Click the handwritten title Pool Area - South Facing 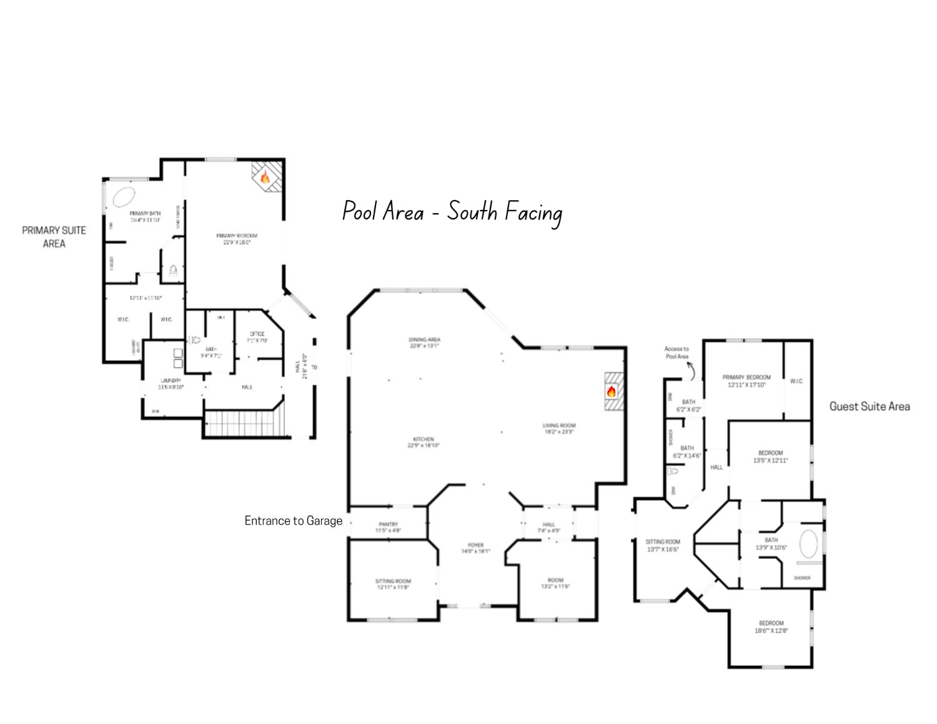(x=452, y=212)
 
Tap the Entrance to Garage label (x=293, y=521)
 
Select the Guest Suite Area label (x=869, y=406)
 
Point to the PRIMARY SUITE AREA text (x=54, y=237)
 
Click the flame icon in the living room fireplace (x=611, y=392)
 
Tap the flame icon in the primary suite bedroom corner (x=265, y=177)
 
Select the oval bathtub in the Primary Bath (x=123, y=196)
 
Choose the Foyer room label (x=475, y=548)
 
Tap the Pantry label (x=388, y=527)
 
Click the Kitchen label (x=423, y=442)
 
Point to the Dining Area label (x=425, y=343)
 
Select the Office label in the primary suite (x=257, y=337)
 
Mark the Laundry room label (x=171, y=384)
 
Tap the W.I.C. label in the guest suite (x=796, y=381)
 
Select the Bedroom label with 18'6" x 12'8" (x=771, y=626)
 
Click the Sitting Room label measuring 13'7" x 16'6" (x=663, y=545)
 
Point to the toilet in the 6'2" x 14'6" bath (x=673, y=471)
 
